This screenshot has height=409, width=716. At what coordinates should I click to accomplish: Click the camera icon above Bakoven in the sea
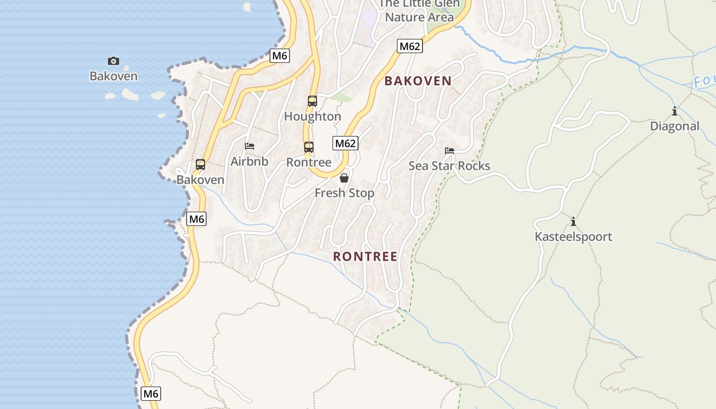pos(114,61)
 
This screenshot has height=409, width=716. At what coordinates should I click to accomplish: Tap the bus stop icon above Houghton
pos(312,101)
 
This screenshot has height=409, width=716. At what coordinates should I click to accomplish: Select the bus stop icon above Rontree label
pos(309,147)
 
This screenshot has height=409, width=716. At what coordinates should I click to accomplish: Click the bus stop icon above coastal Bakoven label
pos(200,165)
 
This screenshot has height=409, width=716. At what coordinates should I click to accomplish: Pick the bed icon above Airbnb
pos(250,146)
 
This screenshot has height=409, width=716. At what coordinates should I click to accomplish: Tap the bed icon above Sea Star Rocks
pos(450,150)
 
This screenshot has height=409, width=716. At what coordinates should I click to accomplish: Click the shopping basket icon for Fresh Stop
pos(344,178)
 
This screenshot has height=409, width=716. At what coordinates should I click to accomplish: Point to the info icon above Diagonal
pos(675,111)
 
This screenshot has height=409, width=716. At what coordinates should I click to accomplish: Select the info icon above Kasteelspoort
pos(573,221)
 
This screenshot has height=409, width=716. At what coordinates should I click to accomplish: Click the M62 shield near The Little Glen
pos(410,47)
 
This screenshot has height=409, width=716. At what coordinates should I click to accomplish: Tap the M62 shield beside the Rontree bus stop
pos(345,143)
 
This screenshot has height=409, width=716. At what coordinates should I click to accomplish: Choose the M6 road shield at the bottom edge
pos(151,394)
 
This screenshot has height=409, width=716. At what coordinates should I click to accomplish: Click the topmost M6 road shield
pos(280,56)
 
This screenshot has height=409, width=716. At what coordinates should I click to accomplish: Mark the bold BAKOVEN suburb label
pos(418,81)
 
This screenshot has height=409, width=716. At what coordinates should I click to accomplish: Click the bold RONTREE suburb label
pos(365,257)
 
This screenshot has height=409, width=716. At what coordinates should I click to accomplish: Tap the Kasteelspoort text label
pos(573,237)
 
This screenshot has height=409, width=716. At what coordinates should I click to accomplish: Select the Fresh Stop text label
pos(344,193)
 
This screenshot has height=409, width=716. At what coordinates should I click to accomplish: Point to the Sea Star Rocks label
pos(449,166)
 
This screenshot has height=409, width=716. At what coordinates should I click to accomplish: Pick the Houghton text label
pos(312,117)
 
